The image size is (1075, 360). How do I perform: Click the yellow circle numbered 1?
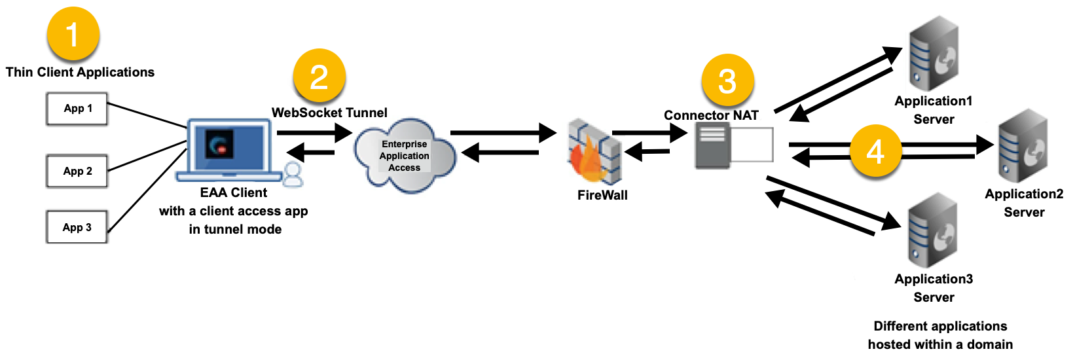tap(73, 34)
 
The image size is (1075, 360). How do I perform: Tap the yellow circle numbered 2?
tap(319, 77)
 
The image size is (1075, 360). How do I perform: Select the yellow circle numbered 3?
tap(727, 81)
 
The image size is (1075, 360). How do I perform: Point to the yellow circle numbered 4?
tap(875, 151)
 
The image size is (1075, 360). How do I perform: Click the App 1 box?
tap(77, 109)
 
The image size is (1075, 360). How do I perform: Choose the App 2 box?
tap(77, 171)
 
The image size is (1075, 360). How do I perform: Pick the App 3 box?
tap(77, 227)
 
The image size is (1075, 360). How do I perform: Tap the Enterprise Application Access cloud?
tap(405, 156)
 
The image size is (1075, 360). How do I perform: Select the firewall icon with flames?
tap(593, 152)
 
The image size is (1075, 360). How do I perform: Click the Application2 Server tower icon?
tap(1023, 147)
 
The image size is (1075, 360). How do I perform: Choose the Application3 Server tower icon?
tap(932, 230)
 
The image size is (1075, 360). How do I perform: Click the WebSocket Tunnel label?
tap(329, 113)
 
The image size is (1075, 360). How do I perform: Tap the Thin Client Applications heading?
tap(80, 72)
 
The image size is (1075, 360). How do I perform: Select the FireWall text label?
tap(602, 195)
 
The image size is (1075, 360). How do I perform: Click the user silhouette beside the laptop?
tap(293, 175)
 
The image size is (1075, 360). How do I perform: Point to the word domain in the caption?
tap(989, 344)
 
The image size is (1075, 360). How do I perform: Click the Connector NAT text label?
tap(711, 115)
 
